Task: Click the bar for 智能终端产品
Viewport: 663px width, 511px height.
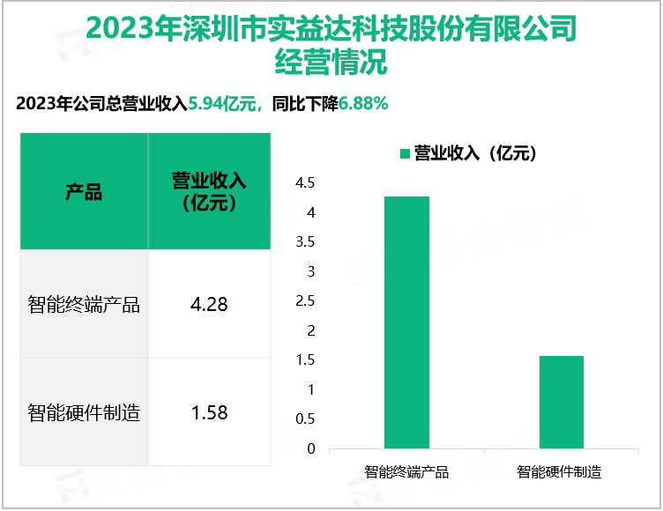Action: (x=406, y=322)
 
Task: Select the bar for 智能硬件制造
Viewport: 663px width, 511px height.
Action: (x=560, y=402)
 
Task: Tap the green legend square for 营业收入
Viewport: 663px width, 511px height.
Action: (x=405, y=153)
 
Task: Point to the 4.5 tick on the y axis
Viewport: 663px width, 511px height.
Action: (x=305, y=183)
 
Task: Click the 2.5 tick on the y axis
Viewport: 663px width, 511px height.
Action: (x=305, y=301)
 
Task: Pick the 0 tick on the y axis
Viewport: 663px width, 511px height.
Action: (x=310, y=448)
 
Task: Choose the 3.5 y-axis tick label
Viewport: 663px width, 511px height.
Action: (x=305, y=242)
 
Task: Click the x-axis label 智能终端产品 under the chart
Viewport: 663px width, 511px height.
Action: (x=406, y=471)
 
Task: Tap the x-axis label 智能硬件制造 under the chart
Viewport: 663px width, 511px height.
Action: (x=560, y=471)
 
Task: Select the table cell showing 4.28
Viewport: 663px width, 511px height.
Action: (x=209, y=305)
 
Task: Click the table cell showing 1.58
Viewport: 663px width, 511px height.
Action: (x=209, y=411)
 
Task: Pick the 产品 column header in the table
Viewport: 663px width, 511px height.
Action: (x=84, y=192)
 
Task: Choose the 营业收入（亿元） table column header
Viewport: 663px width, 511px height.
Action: (x=209, y=192)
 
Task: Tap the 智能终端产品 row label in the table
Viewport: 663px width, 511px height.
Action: (x=84, y=305)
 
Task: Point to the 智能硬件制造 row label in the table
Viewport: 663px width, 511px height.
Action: (x=84, y=411)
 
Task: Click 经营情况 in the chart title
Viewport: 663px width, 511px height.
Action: (x=331, y=63)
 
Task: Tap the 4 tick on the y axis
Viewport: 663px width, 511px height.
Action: (x=310, y=212)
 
